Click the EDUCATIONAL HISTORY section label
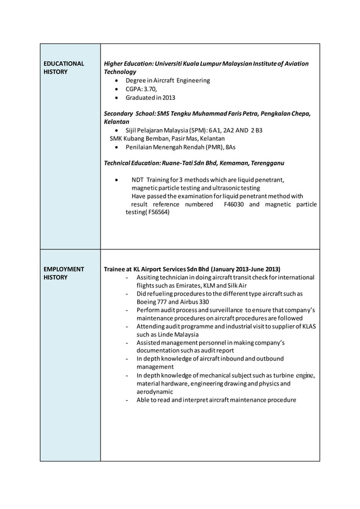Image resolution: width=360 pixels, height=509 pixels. pyautogui.click(x=64, y=68)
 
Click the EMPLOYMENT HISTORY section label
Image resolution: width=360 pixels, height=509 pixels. pyautogui.click(x=64, y=273)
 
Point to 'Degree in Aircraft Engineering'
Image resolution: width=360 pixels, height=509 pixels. pyautogui.click(x=168, y=80)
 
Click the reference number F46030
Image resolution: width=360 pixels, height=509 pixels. pyautogui.click(x=234, y=204)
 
